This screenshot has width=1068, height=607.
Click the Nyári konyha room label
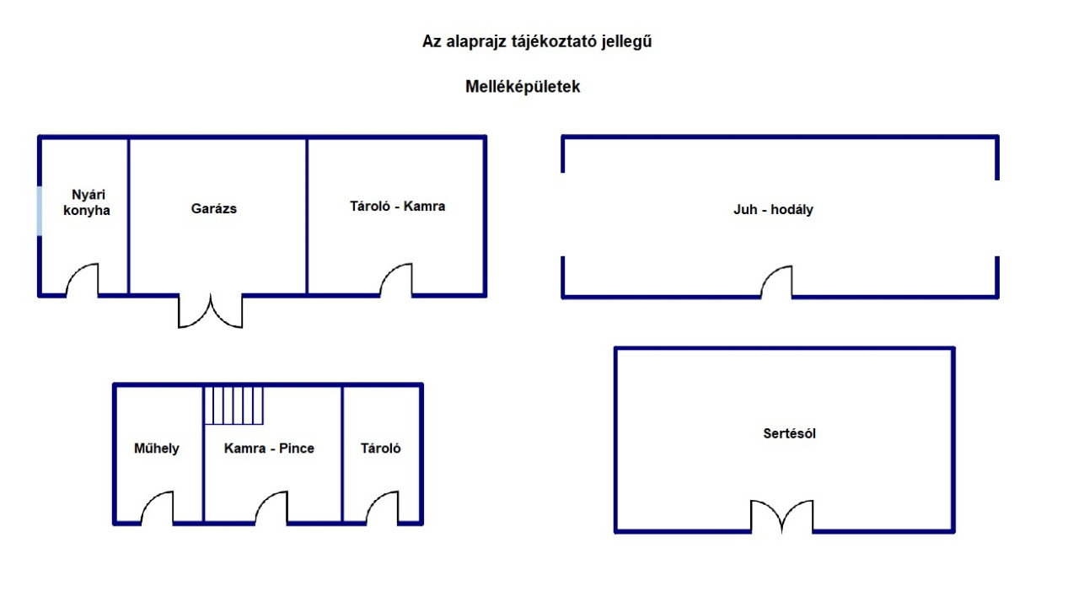pos(87,202)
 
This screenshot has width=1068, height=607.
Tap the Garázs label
pos(213,208)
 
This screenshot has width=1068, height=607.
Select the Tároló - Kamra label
pos(398,206)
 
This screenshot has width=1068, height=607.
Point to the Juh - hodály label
pos(773,209)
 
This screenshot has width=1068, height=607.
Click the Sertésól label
pos(789,433)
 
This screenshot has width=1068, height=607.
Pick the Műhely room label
pos(157,449)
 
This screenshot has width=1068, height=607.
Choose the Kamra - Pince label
pos(269,449)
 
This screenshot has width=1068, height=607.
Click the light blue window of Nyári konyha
pos(40,210)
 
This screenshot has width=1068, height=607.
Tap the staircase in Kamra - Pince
pos(233,405)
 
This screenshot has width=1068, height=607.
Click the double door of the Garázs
pos(210,311)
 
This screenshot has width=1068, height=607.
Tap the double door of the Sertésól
pos(782,516)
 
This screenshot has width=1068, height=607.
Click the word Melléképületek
pos(523,86)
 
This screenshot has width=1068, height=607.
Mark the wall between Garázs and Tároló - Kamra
pos(307,216)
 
